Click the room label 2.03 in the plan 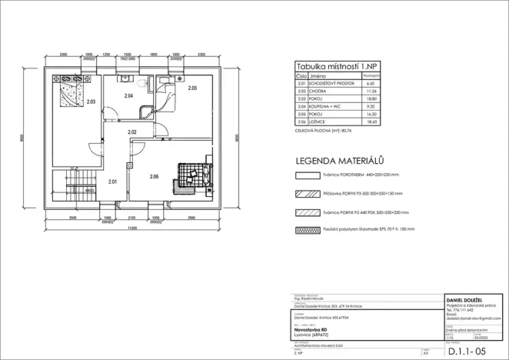(x=91, y=102)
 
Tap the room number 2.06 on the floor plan (x=154, y=176)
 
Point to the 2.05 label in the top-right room (x=193, y=88)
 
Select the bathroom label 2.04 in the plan (x=128, y=96)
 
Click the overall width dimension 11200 (x=132, y=228)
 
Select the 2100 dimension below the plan (x=131, y=218)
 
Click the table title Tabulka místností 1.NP (x=336, y=68)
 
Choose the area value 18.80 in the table (x=371, y=98)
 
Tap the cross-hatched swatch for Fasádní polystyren (x=308, y=229)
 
